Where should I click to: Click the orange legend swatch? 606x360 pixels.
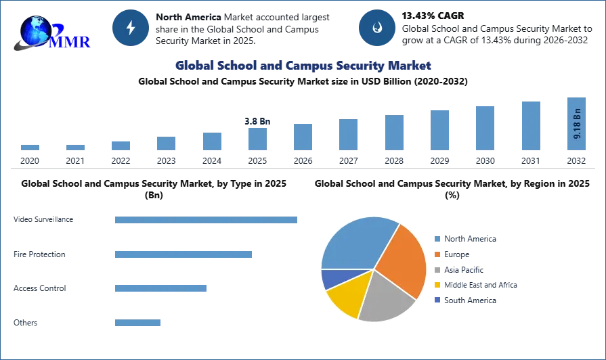[438, 254]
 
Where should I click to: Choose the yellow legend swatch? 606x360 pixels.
[438, 286]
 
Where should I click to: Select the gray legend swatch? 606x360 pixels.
[438, 270]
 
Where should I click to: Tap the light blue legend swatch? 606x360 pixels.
[438, 238]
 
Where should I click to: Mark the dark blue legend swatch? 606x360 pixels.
[438, 298]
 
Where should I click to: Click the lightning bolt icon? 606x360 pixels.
[131, 28]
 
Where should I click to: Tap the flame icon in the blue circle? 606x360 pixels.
[376, 28]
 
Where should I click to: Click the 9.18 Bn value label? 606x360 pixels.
[578, 124]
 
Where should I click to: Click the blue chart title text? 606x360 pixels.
[303, 66]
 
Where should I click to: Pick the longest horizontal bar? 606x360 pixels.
[206, 221]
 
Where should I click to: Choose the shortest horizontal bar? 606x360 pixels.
[138, 324]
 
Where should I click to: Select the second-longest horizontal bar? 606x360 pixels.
[184, 254]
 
